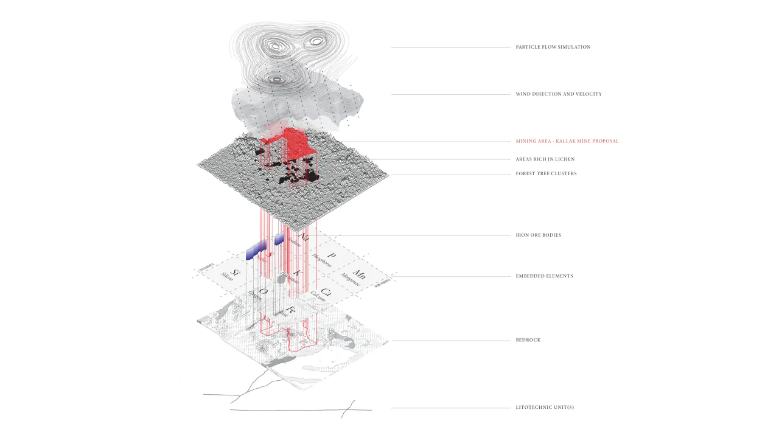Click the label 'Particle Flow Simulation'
[x=553, y=47]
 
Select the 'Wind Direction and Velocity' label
[x=559, y=94]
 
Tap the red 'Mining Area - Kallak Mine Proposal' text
[x=567, y=141]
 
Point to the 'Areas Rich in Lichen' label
[x=545, y=159]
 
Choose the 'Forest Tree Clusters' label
[x=546, y=174]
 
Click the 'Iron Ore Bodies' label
[x=538, y=235]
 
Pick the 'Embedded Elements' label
[x=544, y=276]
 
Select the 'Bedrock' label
[x=528, y=340]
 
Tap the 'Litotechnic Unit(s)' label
[x=544, y=407]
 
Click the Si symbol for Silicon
[x=234, y=273]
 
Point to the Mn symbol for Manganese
[x=360, y=273]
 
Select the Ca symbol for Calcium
[x=326, y=291]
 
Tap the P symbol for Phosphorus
[x=332, y=255]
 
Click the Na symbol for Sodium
[x=304, y=236]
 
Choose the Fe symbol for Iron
[x=291, y=310]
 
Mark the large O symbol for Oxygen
[x=264, y=291]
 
